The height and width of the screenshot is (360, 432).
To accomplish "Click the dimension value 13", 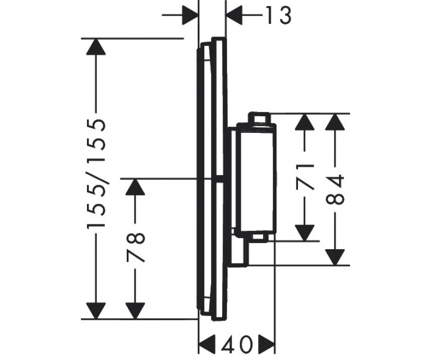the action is (278, 16).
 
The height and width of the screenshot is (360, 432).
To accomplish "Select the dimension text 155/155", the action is (96, 173).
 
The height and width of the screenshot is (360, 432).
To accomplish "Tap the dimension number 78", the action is (136, 247).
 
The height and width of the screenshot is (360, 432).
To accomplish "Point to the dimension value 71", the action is (305, 177).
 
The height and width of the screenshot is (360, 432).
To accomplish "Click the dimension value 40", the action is (237, 344).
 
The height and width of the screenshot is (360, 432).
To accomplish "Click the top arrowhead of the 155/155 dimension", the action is (96, 47).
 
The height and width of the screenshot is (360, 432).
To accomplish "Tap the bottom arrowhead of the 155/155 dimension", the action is (96, 311).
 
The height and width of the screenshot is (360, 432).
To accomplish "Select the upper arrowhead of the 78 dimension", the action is (135, 187).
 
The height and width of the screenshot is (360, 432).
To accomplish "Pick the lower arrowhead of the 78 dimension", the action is (135, 311).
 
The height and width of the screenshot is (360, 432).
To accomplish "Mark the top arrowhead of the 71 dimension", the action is (305, 121).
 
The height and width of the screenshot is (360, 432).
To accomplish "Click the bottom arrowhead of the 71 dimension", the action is (305, 233).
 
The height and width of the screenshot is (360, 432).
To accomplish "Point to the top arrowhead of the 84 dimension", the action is (335, 121).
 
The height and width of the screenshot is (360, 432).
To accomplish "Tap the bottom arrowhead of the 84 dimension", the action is (335, 257).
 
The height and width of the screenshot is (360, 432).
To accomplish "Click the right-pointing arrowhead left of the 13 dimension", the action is (190, 15).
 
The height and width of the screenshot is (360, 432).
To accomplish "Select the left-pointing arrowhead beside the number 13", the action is (234, 15).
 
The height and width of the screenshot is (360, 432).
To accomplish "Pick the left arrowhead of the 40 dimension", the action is (207, 343).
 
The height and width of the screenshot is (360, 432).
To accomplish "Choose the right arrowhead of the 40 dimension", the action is (267, 343).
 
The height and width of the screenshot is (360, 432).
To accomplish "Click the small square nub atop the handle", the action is (260, 118).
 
